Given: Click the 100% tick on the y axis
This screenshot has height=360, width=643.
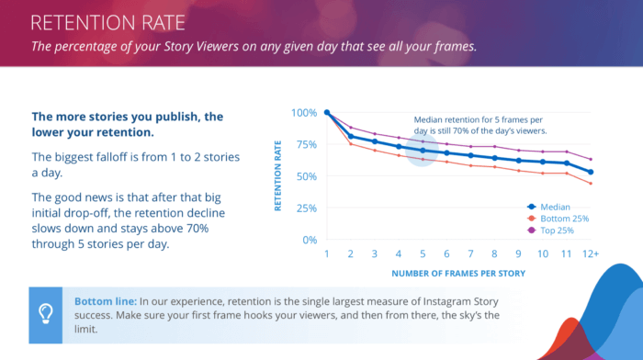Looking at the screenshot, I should click(x=304, y=113).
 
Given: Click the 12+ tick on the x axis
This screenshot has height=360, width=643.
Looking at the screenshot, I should click(x=591, y=253).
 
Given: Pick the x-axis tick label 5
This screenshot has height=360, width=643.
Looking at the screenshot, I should click(x=423, y=253).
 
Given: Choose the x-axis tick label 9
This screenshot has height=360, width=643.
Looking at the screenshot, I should click(x=518, y=253).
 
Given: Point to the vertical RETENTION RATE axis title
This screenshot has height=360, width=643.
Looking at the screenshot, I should click(x=278, y=175).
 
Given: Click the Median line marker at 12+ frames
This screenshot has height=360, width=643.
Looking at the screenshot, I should click(x=591, y=172).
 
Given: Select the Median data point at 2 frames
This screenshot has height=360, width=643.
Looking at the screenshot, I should click(x=351, y=136).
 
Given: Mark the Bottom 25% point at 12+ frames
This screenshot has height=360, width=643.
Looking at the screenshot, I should click(x=591, y=184).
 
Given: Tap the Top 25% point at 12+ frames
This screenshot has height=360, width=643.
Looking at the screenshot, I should click(x=591, y=159).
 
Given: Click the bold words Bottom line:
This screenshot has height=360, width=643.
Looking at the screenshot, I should click(x=104, y=300).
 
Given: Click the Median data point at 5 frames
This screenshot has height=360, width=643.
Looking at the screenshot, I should click(x=423, y=150).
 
